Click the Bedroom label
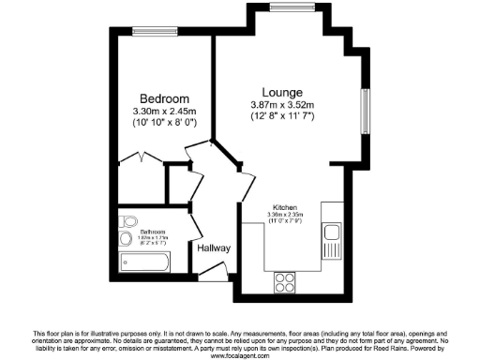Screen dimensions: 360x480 [x=165, y=98]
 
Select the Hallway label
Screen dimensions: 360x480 [x=214, y=248]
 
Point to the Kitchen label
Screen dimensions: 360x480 [x=285, y=207]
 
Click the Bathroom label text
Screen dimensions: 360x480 [x=153, y=231]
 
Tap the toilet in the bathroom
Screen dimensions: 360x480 [x=128, y=222]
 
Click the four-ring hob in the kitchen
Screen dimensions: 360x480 [x=285, y=281]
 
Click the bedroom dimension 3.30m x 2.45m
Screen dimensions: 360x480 [x=164, y=112]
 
